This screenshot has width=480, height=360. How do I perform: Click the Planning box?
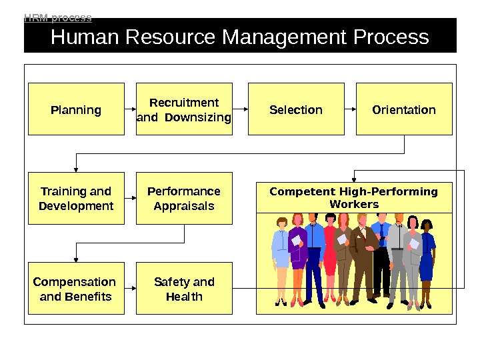(x=76, y=109)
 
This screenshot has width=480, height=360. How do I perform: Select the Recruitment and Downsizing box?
(x=184, y=109)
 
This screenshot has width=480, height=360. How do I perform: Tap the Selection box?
(x=296, y=109)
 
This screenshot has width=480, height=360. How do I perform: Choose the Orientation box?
(x=404, y=109)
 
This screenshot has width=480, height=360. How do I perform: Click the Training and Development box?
(x=76, y=199)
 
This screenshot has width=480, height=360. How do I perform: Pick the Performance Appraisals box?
(x=184, y=199)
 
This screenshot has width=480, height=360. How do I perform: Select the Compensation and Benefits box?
(x=76, y=289)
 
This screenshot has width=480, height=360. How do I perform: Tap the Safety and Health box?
(x=184, y=289)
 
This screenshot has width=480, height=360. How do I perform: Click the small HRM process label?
(x=58, y=18)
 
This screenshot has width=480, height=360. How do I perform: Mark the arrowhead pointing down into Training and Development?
(x=76, y=169)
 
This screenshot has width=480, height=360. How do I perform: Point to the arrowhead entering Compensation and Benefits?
(x=76, y=259)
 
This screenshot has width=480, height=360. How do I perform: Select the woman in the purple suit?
(x=298, y=253)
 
